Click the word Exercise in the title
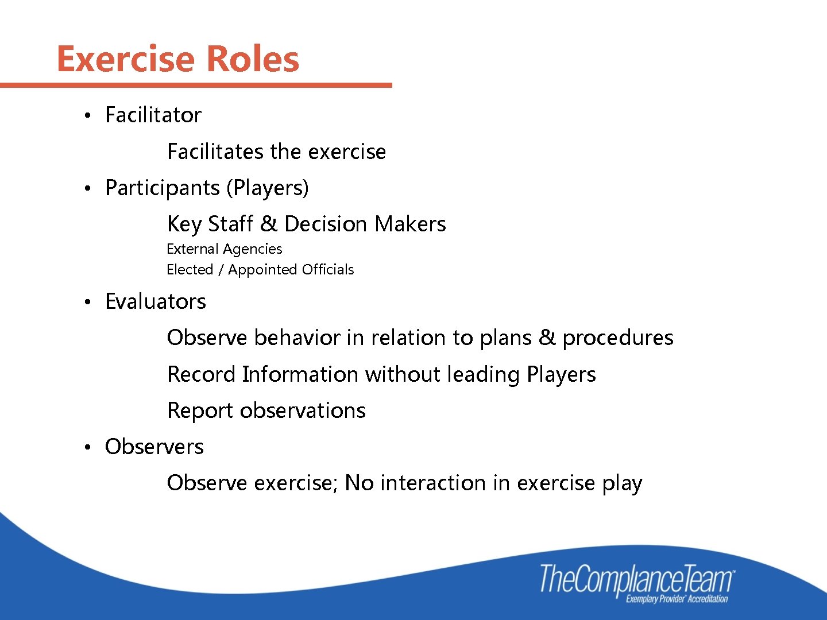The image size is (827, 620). (126, 59)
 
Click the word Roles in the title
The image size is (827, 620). (252, 59)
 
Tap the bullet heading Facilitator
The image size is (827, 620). (153, 115)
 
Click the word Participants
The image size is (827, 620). (163, 188)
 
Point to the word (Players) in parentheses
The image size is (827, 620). (268, 188)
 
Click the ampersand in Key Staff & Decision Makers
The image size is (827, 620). (268, 224)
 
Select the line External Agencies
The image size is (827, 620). (224, 249)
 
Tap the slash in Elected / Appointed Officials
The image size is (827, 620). (221, 270)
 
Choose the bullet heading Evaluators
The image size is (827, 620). (155, 302)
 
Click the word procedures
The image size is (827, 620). (617, 338)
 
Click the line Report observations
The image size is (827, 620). (266, 410)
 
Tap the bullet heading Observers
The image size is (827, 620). (154, 447)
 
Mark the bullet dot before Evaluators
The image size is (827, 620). (87, 303)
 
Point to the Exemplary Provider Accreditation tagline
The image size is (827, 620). (677, 599)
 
